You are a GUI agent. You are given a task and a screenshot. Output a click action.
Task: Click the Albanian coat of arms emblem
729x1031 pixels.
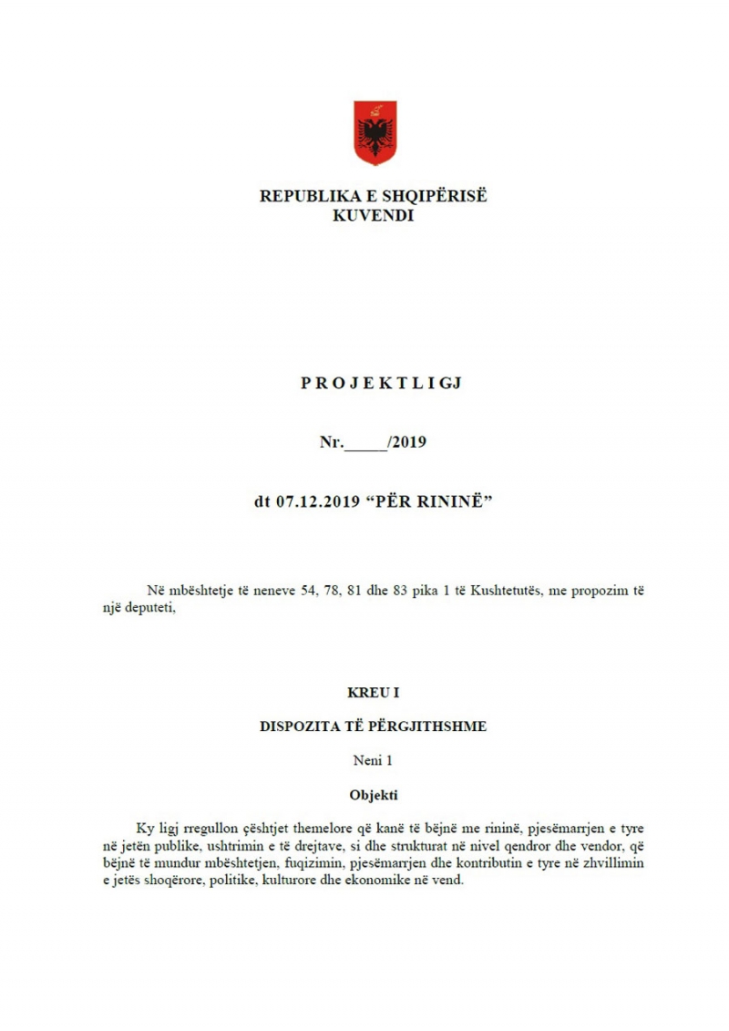click(375, 134)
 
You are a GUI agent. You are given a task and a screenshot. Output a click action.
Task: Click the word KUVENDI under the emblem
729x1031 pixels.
click(375, 216)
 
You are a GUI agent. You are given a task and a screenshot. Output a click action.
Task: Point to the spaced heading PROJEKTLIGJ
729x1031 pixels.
click(382, 383)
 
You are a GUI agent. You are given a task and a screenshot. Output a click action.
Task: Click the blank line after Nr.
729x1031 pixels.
click(366, 444)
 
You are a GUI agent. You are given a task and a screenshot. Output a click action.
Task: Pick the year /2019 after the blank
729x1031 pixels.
click(407, 443)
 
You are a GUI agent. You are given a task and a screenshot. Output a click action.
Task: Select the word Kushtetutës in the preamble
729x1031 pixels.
click(505, 591)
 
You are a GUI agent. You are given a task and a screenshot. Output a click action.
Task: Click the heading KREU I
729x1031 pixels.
click(374, 693)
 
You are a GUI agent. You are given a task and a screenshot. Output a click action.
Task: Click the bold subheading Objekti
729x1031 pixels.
click(374, 794)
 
